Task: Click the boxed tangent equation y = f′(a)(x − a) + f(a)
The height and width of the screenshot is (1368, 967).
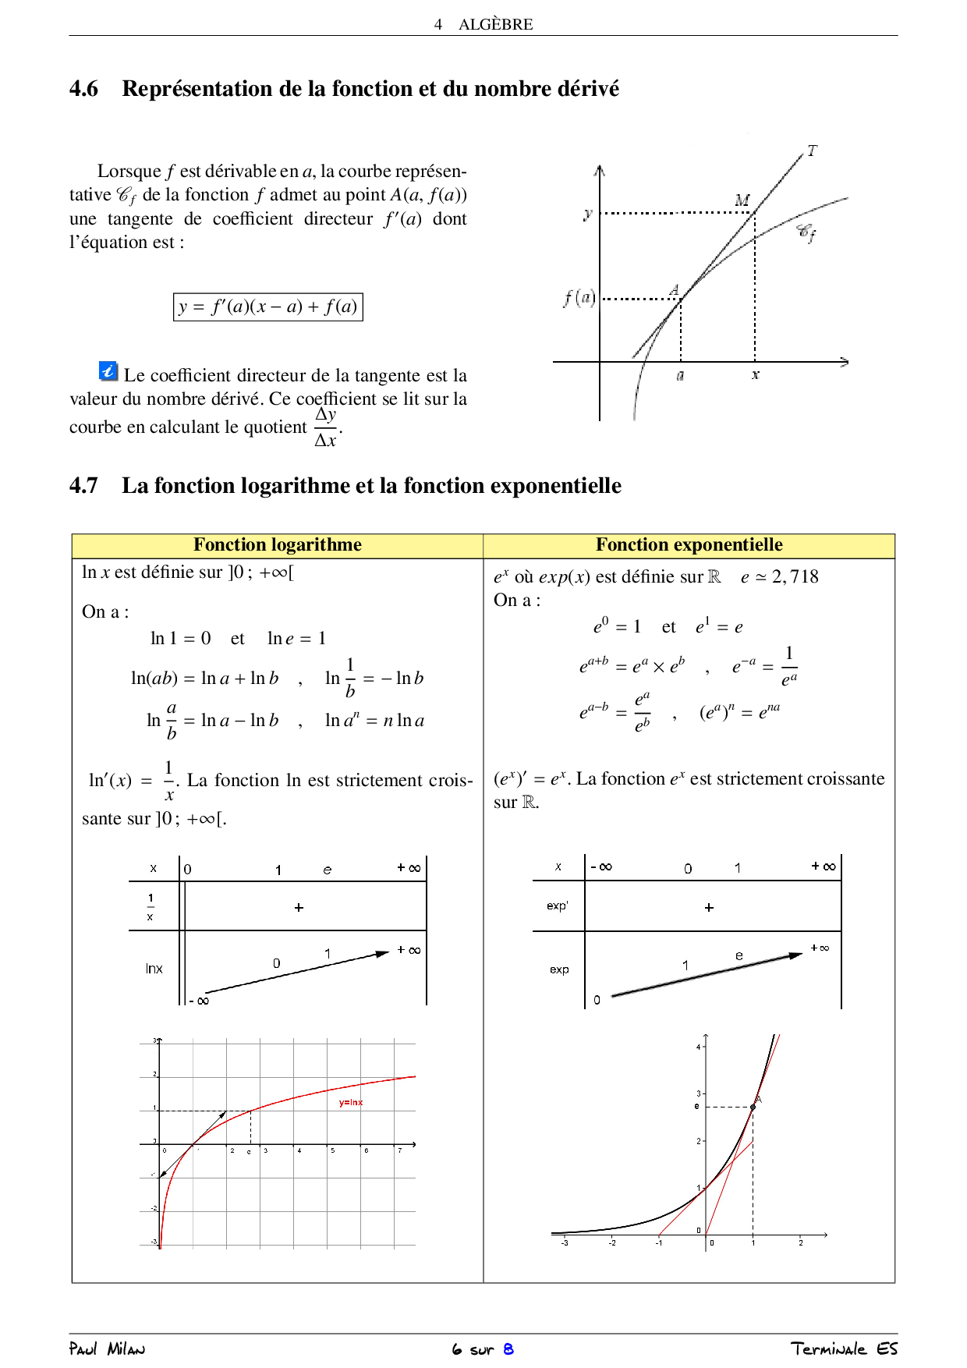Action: (267, 307)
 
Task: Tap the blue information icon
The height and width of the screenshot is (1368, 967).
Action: (108, 371)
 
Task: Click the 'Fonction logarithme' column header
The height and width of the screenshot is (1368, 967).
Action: (278, 545)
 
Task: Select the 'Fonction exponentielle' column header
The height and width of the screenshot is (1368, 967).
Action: (689, 545)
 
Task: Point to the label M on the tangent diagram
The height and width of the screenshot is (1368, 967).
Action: (742, 200)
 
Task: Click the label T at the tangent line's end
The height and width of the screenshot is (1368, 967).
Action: (812, 151)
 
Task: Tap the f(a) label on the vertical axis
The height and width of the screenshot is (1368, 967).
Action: (579, 297)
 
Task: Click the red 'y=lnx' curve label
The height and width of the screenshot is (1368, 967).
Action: (351, 1103)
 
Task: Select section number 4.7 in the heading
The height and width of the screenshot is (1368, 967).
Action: (84, 486)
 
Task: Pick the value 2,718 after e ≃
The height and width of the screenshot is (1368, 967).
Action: (795, 577)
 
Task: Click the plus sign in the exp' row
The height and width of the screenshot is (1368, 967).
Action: (709, 908)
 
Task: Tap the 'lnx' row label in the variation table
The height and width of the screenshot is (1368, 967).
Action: (154, 969)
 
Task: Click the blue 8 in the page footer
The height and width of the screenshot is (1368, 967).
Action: (508, 1349)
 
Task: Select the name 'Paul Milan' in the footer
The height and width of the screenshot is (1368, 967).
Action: (107, 1349)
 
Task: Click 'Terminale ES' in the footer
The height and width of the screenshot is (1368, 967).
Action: (844, 1349)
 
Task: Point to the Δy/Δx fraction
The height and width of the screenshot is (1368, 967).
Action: (326, 427)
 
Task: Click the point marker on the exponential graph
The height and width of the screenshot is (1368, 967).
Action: (753, 1107)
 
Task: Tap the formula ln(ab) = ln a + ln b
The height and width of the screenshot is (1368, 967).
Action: (205, 679)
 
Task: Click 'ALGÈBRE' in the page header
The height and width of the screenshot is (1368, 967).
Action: (495, 24)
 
